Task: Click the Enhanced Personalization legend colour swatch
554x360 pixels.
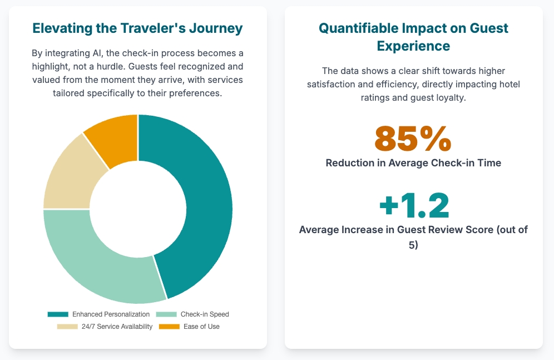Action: pos(58,314)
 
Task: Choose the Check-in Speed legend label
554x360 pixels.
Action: pos(205,314)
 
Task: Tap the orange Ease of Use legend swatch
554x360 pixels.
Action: pos(170,327)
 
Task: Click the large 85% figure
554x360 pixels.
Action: pos(413,139)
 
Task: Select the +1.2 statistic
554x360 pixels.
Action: pos(413,205)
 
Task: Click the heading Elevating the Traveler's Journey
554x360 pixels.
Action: pos(137,28)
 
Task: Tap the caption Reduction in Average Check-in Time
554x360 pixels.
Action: pos(413,163)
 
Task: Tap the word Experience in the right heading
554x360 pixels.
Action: pos(413,46)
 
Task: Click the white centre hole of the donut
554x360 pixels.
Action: pos(137,209)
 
